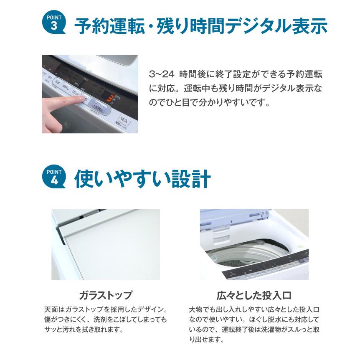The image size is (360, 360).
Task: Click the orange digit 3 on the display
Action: pos(110,99)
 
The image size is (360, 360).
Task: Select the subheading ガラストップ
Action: pos(105,295)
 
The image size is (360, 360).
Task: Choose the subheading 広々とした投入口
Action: pos(254,295)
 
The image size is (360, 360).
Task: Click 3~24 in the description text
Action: pos(161,74)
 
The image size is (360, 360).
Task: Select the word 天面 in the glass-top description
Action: pos(51,310)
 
